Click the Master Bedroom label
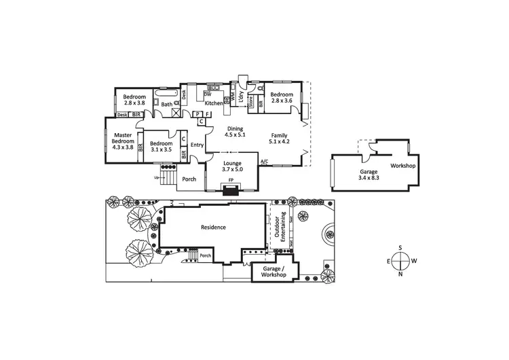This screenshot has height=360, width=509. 123,139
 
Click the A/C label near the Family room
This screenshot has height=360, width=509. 264,161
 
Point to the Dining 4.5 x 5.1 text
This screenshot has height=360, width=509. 235,132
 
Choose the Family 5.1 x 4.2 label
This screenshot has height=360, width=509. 280,139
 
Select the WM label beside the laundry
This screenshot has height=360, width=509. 232,98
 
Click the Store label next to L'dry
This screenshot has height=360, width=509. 250,105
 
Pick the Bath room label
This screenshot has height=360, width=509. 166,104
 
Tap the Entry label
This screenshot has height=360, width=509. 197,145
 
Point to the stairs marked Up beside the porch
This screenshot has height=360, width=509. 168,179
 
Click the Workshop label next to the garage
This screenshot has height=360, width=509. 403,166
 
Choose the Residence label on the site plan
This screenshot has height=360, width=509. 213,228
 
